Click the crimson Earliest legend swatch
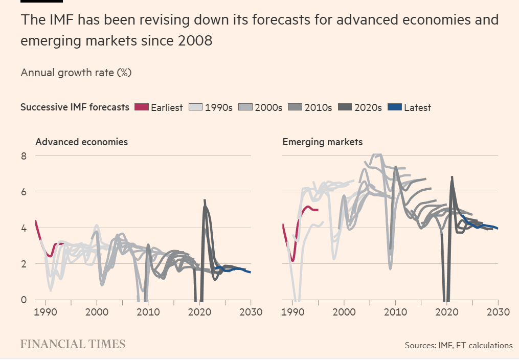point(141,107)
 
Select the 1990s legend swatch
point(195,107)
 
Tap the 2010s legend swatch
point(295,107)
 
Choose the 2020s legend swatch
point(345,107)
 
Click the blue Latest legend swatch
point(394,107)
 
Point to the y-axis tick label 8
point(24,156)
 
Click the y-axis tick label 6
point(24,192)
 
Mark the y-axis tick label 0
point(24,300)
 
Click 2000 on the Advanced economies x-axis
point(97,312)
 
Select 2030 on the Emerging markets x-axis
point(498,312)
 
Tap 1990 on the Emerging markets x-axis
point(293,312)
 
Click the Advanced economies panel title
point(81,142)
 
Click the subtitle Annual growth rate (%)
point(76,73)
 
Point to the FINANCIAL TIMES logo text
point(73,344)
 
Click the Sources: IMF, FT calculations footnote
point(458,346)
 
